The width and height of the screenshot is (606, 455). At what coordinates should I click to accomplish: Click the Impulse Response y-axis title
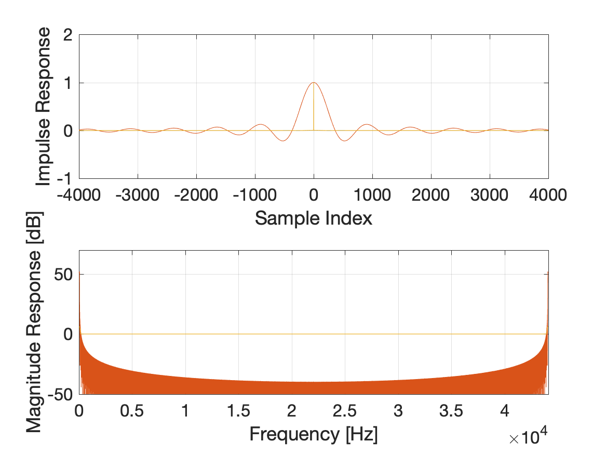pos(45,107)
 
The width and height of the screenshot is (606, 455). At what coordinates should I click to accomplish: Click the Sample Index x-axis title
pos(314,218)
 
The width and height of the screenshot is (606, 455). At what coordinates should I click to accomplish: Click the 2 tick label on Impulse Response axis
pos(68,35)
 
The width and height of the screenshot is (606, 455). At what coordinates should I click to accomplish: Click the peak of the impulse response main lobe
pos(314,83)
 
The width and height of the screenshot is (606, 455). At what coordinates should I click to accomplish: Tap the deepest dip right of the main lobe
pos(344,141)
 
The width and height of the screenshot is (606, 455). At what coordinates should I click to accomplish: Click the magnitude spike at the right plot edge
pos(548,272)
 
